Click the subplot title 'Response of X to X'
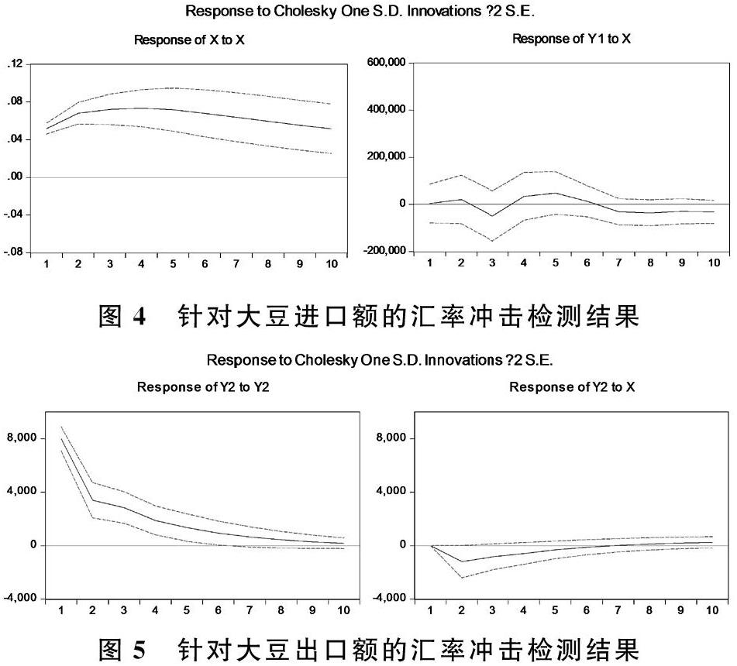(189, 40)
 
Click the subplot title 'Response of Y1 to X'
(571, 39)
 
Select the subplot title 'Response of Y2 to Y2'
(203, 387)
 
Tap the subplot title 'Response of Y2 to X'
(571, 387)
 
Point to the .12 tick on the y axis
(15, 64)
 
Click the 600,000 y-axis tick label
(384, 64)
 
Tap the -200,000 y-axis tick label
(382, 252)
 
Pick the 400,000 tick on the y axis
(384, 110)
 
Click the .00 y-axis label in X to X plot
(15, 177)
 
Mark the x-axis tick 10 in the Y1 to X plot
(714, 263)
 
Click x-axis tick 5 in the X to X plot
(173, 264)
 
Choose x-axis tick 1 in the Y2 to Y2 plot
(60, 610)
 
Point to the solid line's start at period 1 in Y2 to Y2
(61, 439)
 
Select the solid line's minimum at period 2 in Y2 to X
(462, 561)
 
